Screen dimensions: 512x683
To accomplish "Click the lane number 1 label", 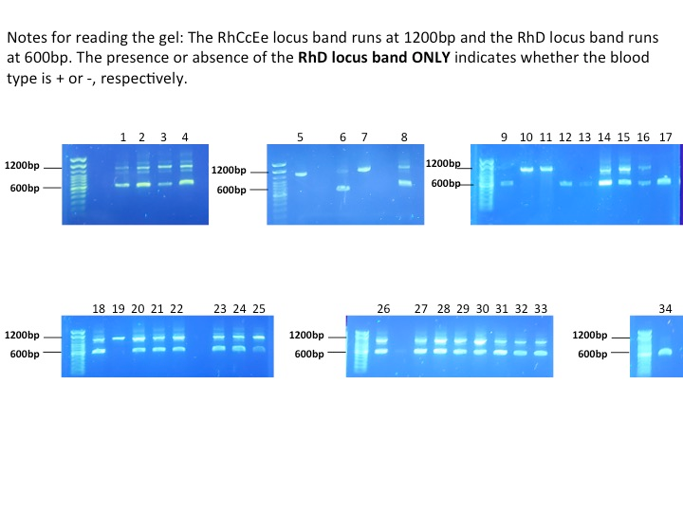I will click(123, 137).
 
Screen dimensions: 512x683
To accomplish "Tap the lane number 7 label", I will click(364, 137).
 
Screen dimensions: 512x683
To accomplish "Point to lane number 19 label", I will click(119, 309).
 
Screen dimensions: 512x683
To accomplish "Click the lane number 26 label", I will click(383, 309).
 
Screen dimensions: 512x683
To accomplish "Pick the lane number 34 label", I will click(665, 309).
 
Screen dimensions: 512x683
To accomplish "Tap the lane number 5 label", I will click(300, 137).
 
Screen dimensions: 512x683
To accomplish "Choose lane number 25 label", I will click(259, 309).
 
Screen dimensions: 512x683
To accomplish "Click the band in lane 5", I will click(301, 174).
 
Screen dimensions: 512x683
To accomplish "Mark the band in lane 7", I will click(364, 170).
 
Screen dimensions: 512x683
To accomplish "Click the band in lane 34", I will click(665, 352).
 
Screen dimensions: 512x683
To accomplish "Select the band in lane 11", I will click(545, 170).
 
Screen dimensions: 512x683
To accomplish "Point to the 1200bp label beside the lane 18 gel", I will click(21, 335).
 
